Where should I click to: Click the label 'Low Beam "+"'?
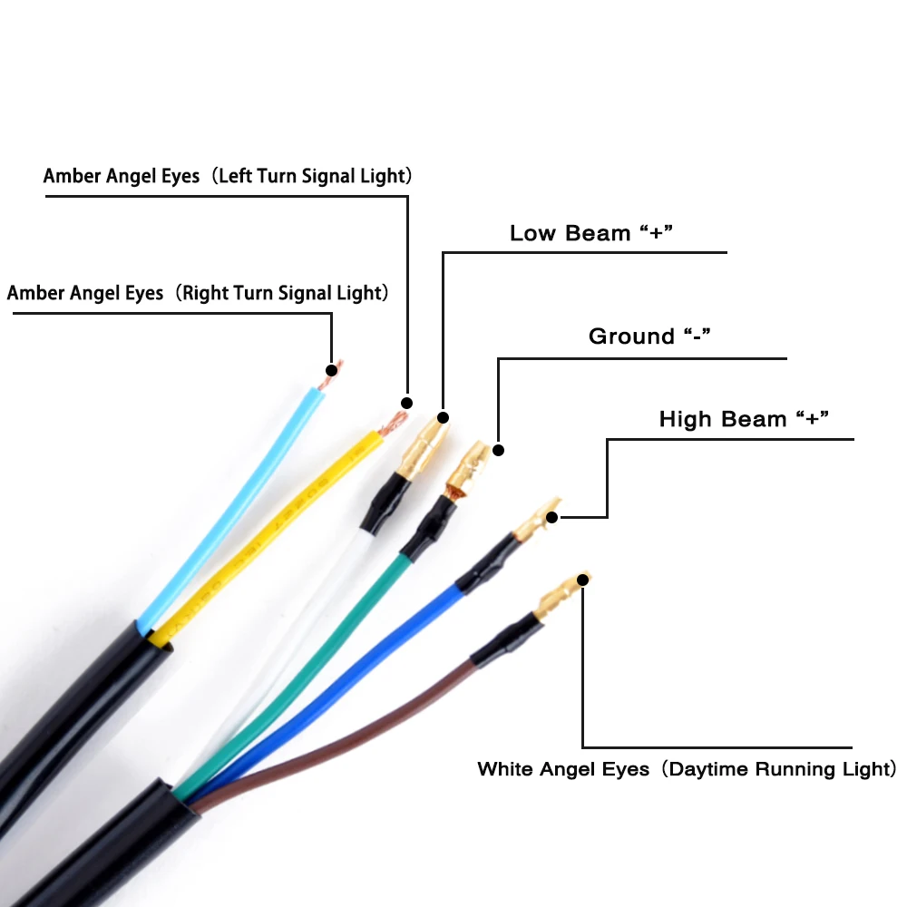click(590, 233)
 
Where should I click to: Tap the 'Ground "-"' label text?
click(649, 336)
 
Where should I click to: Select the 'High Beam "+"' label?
click(745, 419)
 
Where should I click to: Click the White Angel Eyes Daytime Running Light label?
click(687, 769)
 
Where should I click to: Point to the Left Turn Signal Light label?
click(228, 176)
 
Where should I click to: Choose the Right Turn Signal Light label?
click(198, 293)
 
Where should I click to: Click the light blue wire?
click(227, 508)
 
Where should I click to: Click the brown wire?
click(381, 717)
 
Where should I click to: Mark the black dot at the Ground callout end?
click(497, 450)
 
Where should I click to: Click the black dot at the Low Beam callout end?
click(443, 418)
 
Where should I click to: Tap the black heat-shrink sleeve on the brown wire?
click(504, 639)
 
